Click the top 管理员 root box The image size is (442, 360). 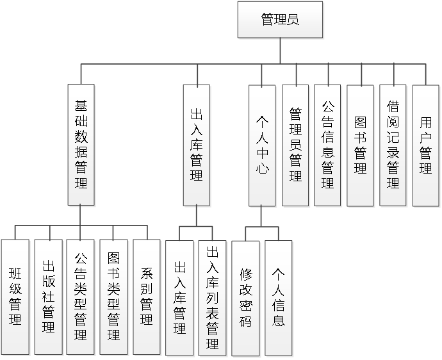coord(280,19)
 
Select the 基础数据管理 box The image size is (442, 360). coord(81,145)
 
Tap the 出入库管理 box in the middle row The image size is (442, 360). coord(197,145)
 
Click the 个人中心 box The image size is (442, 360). coord(262,145)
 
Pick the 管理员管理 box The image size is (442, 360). coord(295,145)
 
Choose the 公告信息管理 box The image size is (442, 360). coord(327,145)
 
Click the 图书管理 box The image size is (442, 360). coord(360,145)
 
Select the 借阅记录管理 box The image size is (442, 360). coord(393,145)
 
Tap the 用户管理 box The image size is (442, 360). coord(425,145)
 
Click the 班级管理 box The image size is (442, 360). coord(15,297)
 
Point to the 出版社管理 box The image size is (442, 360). coord(48,297)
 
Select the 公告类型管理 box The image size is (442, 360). coord(81,297)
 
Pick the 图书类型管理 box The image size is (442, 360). coord(114,297)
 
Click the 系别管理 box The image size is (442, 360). coord(147,297)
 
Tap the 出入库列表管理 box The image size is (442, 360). coord(213,297)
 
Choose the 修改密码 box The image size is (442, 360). coord(246,297)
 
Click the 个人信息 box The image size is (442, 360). coord(279,297)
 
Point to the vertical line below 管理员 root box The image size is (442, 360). coord(280,51)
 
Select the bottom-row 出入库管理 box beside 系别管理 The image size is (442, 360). coord(180,297)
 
